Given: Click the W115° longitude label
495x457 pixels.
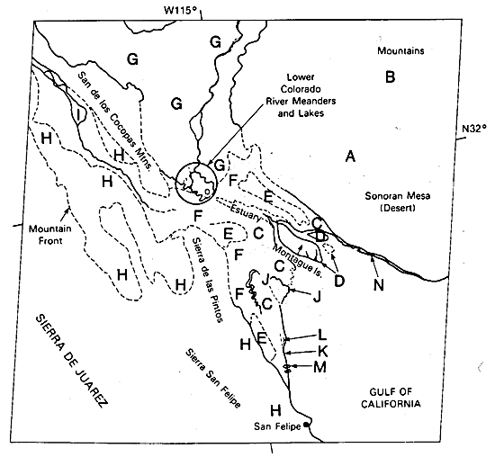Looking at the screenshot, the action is click(180, 10).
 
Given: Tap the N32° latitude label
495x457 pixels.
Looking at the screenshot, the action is click(474, 129).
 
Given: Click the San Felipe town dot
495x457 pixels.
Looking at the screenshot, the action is click(306, 425).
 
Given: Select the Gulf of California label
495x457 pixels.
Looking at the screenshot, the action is click(391, 398).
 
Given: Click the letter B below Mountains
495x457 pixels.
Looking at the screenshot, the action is click(391, 77).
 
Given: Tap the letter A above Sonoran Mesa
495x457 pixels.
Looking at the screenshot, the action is click(350, 157).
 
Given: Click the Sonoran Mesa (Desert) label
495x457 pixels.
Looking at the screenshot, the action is click(398, 202).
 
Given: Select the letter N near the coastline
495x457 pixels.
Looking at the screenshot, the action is click(379, 285).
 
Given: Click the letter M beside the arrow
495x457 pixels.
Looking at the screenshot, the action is click(319, 367).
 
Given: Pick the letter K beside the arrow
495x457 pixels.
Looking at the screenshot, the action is click(321, 351).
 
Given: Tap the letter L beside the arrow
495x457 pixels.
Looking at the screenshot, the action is click(322, 336).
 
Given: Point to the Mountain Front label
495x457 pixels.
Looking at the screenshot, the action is click(49, 235).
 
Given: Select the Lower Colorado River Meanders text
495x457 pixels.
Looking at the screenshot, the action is click(301, 95).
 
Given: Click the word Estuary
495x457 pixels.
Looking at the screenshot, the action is click(246, 213).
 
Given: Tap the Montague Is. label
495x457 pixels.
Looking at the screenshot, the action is click(297, 261).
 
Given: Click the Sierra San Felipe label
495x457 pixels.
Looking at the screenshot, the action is click(212, 379).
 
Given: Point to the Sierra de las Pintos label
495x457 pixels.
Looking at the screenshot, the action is click(207, 279).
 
